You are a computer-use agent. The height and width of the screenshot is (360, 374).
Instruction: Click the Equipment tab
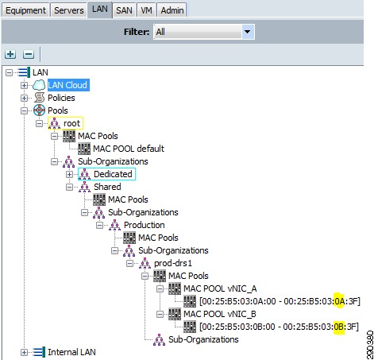25,10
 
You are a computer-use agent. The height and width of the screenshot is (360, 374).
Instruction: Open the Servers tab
69,10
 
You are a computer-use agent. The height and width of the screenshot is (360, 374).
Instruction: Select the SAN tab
124,10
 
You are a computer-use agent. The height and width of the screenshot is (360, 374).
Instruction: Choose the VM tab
146,10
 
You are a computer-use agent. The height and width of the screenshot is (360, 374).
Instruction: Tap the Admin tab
172,10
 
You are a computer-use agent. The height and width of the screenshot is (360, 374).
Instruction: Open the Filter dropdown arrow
248,32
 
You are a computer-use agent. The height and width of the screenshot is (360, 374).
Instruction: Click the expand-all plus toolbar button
10,54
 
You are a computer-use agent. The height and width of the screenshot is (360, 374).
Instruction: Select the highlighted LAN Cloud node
68,85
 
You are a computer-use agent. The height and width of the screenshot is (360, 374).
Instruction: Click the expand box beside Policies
24,98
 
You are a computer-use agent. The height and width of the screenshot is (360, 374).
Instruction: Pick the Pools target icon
39,110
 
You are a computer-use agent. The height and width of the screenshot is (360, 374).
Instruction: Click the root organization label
71,123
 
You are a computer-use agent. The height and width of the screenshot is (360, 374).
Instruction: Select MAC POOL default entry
129,149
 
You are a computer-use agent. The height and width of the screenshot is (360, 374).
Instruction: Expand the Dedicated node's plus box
69,174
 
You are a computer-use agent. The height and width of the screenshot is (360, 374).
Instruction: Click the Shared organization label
107,187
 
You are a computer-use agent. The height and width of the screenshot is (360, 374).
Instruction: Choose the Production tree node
145,225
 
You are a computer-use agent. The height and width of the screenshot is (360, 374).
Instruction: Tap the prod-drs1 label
173,263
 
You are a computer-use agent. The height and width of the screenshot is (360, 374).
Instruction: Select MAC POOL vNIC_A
220,288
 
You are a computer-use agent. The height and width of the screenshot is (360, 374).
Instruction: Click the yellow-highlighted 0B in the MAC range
338,327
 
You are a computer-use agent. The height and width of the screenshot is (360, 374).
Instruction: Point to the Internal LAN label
71,352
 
